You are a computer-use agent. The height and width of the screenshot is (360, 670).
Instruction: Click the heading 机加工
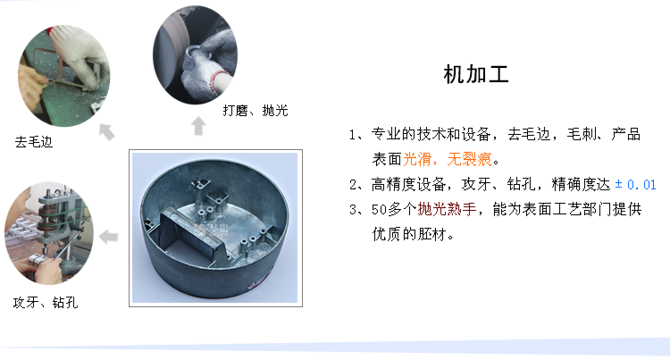tap(476, 75)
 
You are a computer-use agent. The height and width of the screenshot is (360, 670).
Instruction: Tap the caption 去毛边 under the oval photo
tap(34, 142)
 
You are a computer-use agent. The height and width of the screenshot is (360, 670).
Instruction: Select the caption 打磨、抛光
tap(255, 111)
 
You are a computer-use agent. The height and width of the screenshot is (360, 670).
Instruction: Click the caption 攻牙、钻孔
tap(46, 302)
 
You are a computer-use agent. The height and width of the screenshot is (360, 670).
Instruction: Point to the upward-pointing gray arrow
tap(198, 126)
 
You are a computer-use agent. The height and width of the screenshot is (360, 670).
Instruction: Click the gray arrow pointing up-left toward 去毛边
tap(107, 131)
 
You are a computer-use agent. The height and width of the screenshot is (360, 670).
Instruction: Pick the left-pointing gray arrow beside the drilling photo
tap(108, 237)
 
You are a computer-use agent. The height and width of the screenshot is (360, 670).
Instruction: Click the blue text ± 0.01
tap(635, 185)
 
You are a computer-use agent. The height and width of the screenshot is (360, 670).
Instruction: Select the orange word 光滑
tap(417, 159)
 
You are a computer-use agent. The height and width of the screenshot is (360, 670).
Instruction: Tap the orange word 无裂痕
tap(469, 159)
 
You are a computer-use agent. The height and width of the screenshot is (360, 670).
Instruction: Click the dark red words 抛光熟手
tap(447, 209)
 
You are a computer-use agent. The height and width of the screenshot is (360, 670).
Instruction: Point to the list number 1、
tap(356, 135)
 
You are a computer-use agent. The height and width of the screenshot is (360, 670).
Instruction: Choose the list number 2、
tap(356, 185)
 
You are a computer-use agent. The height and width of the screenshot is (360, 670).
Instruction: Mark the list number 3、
tap(356, 210)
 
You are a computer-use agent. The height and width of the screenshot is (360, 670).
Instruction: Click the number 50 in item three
tap(379, 210)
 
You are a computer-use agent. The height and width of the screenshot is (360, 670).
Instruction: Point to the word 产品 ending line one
tap(625, 134)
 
